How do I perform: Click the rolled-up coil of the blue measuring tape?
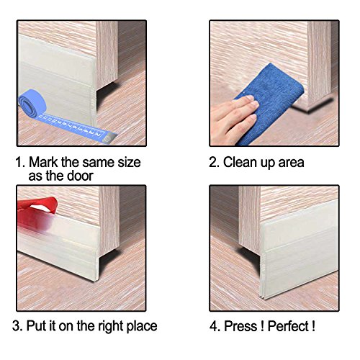(32, 104)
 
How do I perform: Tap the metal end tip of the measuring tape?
(110, 138)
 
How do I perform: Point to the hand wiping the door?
(233, 117)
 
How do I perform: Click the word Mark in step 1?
(43, 162)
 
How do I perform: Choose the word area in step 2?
(291, 163)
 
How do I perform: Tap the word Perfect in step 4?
(288, 326)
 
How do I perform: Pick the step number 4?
(214, 326)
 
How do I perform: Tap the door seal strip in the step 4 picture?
(300, 251)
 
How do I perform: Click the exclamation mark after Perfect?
(313, 326)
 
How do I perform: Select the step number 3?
(17, 326)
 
